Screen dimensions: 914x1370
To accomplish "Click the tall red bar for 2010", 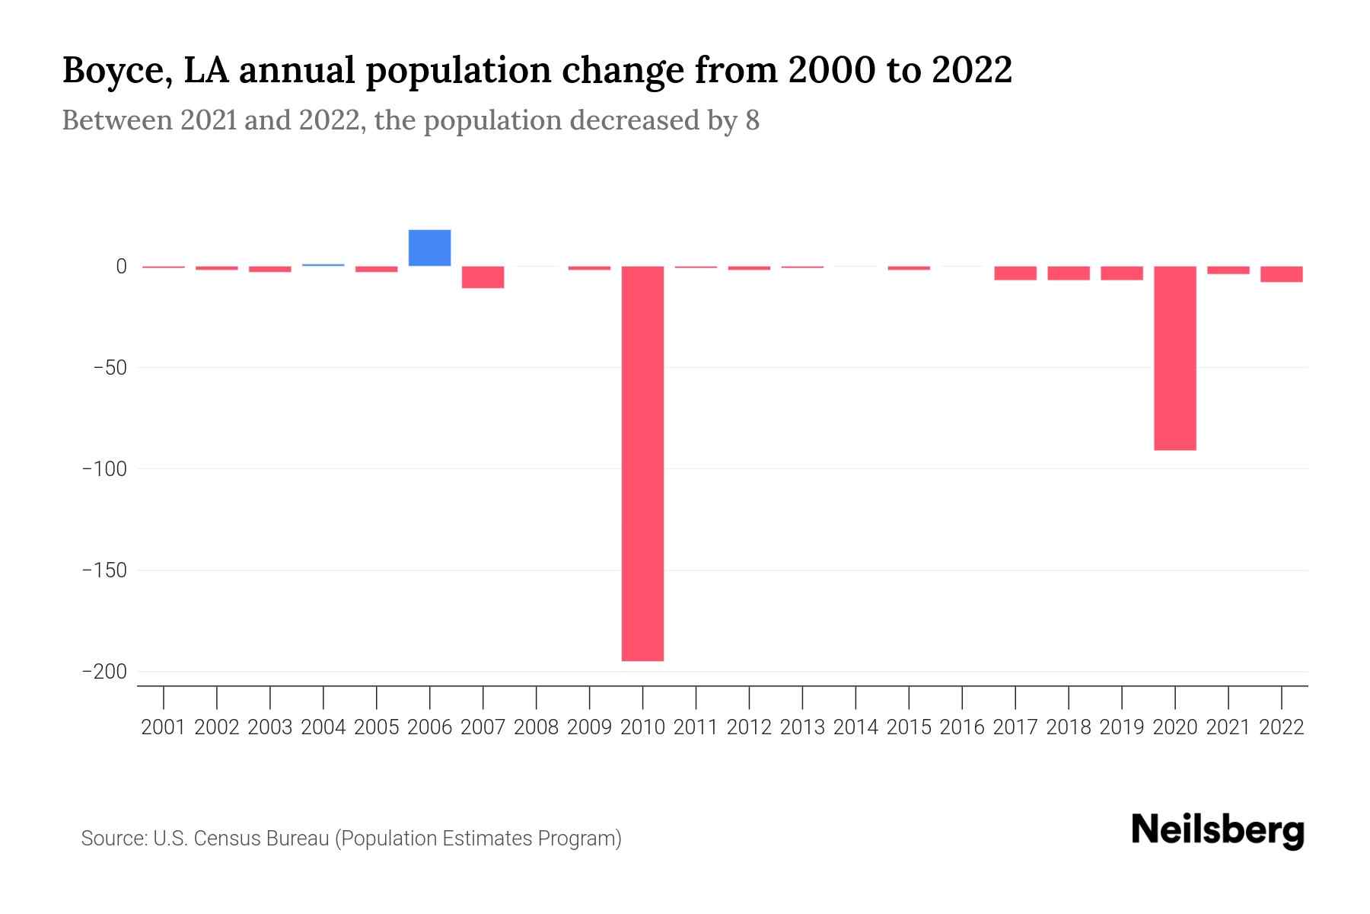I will click(642, 463).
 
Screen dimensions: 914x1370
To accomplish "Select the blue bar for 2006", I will click(429, 248).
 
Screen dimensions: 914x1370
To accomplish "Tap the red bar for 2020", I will click(1174, 358).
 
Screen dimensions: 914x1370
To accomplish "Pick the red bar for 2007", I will click(483, 277).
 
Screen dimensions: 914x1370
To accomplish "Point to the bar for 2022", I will click(1281, 274).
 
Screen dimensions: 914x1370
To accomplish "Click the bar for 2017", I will click(1015, 273).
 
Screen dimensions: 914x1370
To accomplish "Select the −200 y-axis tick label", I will click(104, 672).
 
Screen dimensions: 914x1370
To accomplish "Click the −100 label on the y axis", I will click(104, 468).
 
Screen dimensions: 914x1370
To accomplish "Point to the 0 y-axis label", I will click(121, 267).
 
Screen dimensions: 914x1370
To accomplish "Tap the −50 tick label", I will click(110, 368).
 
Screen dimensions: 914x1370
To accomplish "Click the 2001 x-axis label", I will click(164, 727).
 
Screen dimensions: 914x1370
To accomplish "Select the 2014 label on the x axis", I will click(855, 727).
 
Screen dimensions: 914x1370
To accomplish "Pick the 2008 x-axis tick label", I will click(536, 727).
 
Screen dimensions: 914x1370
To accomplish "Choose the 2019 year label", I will click(1121, 727).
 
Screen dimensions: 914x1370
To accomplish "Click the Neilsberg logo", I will click(1217, 830).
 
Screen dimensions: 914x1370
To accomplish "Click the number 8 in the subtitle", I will click(752, 120).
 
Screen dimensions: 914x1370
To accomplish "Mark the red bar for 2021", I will click(1228, 270).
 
